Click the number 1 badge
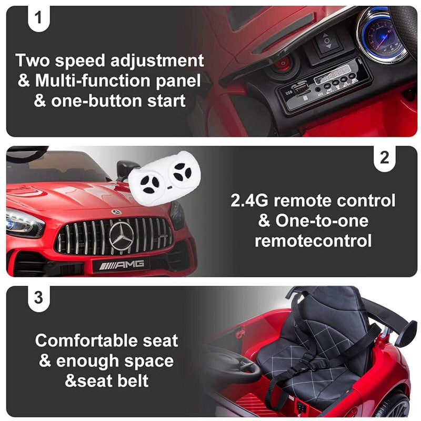(38, 17)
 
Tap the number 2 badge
(385, 158)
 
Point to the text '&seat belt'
(107, 380)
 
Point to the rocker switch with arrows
(326, 41)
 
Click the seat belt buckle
(309, 363)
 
